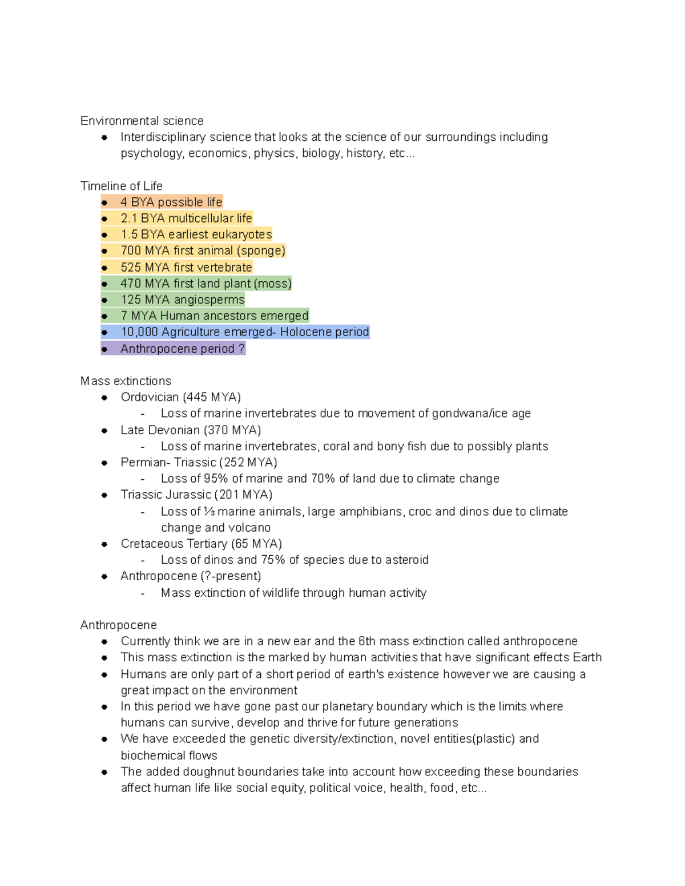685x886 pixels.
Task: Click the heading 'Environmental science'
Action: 142,121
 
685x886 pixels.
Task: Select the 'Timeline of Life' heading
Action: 121,186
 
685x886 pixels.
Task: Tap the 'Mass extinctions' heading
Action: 126,381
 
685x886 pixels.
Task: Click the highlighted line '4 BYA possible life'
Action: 171,202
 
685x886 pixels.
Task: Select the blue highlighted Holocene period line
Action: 244,332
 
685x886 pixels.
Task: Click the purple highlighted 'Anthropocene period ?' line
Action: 182,349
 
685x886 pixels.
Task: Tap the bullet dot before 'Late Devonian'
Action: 104,431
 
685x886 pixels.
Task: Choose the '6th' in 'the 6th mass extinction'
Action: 367,641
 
